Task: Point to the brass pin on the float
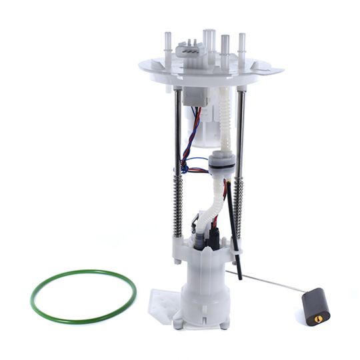[x=316, y=318]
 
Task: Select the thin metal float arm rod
[x=267, y=279]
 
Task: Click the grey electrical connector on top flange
[x=191, y=50]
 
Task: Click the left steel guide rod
[x=177, y=127]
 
